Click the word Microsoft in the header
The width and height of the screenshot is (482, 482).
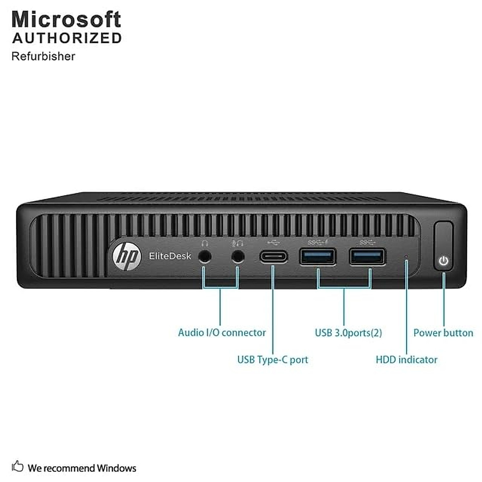(x=66, y=19)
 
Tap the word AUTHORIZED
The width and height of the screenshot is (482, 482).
(x=67, y=38)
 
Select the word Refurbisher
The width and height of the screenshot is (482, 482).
(x=43, y=56)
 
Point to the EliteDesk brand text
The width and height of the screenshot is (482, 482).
(x=170, y=256)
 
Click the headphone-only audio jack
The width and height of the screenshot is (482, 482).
(x=205, y=257)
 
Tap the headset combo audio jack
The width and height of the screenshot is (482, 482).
(x=238, y=257)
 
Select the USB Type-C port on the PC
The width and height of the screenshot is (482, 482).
(x=274, y=257)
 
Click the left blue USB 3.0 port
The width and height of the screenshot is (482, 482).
(x=317, y=257)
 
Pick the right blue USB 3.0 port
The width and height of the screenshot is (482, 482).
(x=367, y=257)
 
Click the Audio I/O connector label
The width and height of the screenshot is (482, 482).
(x=222, y=333)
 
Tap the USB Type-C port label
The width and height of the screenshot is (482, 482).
(x=272, y=359)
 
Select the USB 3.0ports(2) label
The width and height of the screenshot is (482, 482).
(x=348, y=333)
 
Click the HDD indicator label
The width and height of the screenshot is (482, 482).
(x=406, y=359)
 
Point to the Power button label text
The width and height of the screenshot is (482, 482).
(x=443, y=333)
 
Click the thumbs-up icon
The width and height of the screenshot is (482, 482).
(x=18, y=466)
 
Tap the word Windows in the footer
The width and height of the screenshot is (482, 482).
(x=116, y=468)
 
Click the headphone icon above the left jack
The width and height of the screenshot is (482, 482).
(x=205, y=243)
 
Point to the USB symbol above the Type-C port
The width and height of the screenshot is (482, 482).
(x=273, y=243)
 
